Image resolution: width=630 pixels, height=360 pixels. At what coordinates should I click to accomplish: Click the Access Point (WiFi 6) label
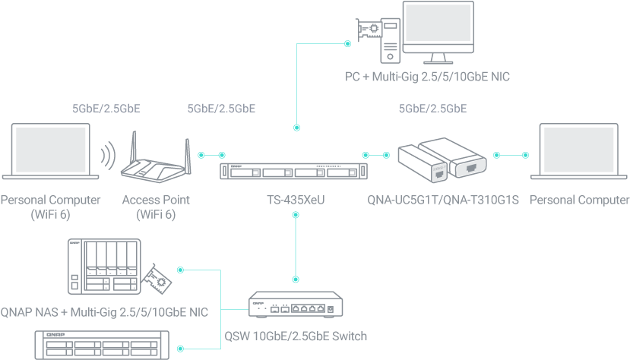(x=156, y=207)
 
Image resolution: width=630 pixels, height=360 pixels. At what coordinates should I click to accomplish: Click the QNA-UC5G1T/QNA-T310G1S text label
(x=442, y=201)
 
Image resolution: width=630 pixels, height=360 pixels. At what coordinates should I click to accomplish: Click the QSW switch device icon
(x=296, y=308)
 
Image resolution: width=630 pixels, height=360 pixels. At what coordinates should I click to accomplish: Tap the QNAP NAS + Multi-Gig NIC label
(x=104, y=311)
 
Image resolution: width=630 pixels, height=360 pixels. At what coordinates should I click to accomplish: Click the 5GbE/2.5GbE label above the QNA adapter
(x=432, y=109)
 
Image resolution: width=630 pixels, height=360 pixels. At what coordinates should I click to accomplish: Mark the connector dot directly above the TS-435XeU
(x=296, y=128)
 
